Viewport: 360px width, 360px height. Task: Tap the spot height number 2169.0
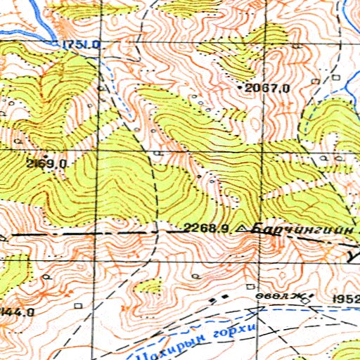click(x=47, y=164)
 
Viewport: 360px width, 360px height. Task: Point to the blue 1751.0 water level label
click(x=82, y=45)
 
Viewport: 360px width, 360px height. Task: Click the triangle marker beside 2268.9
click(x=243, y=229)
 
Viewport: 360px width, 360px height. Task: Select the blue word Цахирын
click(x=176, y=340)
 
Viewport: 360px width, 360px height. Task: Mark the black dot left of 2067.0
click(x=243, y=87)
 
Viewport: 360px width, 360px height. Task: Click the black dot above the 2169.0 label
click(x=46, y=155)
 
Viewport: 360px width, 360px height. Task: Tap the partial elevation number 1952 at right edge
click(x=346, y=300)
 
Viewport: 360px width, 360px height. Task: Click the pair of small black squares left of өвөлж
click(x=221, y=297)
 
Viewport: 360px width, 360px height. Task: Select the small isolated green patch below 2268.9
click(x=150, y=285)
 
